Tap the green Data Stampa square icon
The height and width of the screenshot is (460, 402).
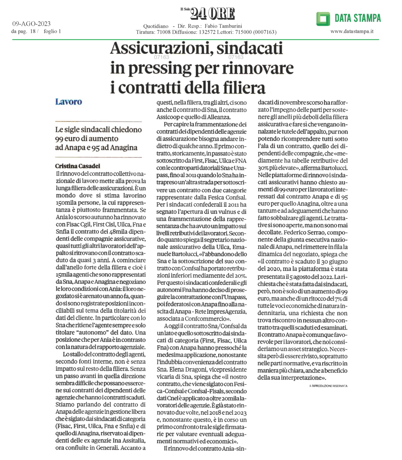(x=323, y=18)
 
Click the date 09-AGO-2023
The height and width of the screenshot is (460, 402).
(x=31, y=24)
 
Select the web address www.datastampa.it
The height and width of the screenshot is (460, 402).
(x=352, y=31)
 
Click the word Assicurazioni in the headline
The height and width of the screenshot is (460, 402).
(x=159, y=49)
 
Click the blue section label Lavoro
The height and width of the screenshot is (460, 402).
(x=69, y=102)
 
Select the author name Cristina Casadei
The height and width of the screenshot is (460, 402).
(x=78, y=166)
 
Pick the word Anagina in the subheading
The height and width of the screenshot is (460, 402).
(x=123, y=147)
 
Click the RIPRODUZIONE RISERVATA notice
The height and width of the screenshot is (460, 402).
(x=328, y=386)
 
